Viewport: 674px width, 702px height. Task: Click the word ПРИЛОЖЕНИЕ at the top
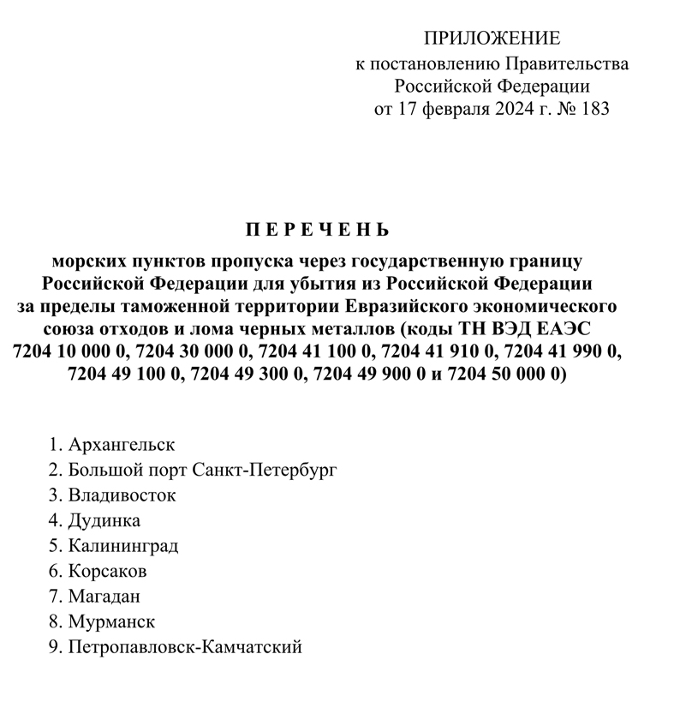tap(492, 39)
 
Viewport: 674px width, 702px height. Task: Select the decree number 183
tap(593, 110)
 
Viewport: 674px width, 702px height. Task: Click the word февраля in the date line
tap(432, 110)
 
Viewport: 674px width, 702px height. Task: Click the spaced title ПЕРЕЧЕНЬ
tap(318, 230)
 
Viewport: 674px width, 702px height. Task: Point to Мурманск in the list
tap(111, 621)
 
